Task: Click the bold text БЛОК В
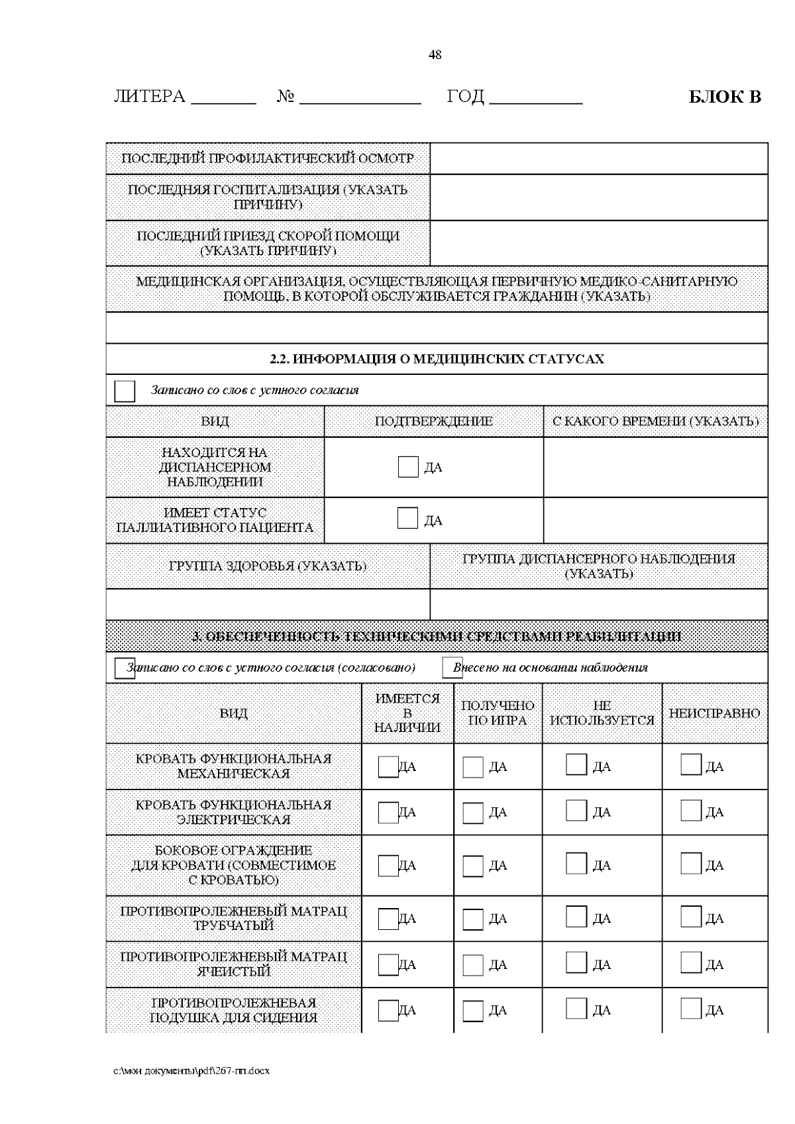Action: (x=725, y=97)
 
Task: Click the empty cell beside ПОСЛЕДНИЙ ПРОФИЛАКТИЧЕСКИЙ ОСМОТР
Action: (x=598, y=158)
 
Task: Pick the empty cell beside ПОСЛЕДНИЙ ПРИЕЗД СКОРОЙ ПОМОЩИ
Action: (x=598, y=243)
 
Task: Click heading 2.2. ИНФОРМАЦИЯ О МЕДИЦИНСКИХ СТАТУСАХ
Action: (x=437, y=359)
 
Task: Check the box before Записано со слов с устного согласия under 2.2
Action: (x=125, y=391)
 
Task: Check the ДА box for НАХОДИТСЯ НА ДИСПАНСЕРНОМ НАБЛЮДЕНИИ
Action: (x=408, y=467)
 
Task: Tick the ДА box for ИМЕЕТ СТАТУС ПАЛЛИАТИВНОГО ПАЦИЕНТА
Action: (x=407, y=519)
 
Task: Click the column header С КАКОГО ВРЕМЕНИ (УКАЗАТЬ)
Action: (x=655, y=421)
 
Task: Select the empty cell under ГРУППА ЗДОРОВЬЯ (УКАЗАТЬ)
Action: (x=268, y=604)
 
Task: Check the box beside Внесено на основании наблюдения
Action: (x=452, y=668)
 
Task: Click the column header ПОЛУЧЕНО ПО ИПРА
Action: (x=498, y=713)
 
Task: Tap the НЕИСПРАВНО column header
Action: (x=714, y=713)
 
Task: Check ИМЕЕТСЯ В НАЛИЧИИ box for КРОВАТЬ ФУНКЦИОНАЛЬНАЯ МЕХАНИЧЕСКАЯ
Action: (x=388, y=767)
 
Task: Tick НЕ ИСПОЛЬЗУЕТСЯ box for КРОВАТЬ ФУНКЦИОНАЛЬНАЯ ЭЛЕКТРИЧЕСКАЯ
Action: (x=576, y=811)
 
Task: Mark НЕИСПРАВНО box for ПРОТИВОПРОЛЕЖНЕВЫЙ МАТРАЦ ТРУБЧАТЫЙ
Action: (x=690, y=917)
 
